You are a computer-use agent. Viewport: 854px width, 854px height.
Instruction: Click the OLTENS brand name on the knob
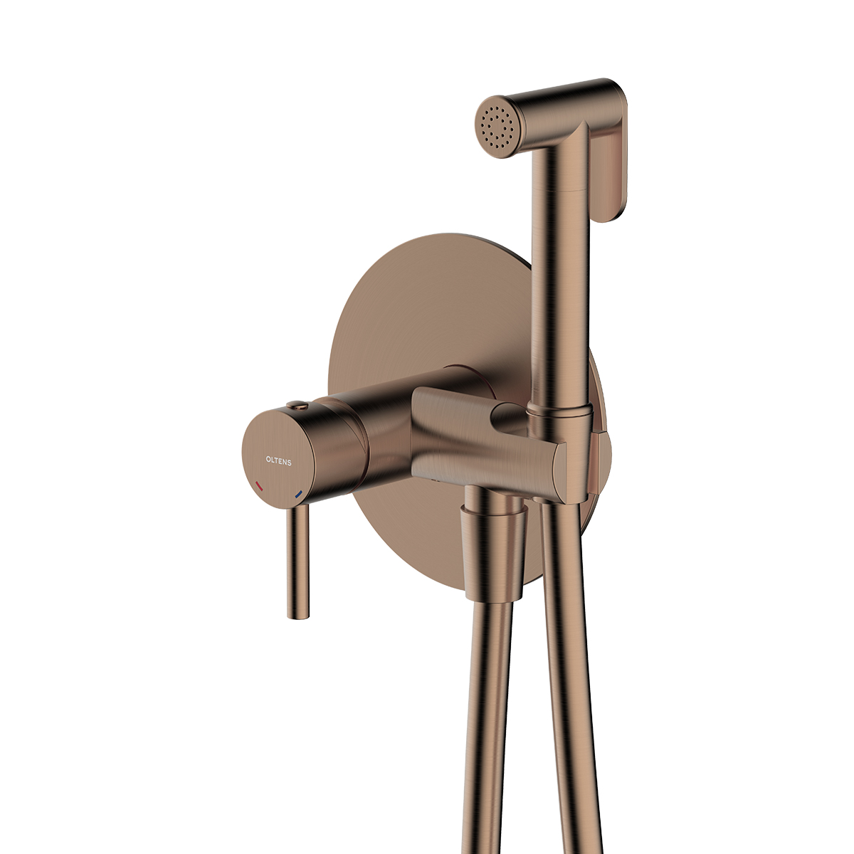(278, 461)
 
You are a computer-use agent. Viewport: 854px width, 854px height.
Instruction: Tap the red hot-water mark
(259, 487)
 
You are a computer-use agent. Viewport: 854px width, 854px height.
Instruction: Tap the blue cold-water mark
(298, 495)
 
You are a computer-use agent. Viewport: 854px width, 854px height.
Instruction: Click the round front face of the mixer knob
(280, 455)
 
